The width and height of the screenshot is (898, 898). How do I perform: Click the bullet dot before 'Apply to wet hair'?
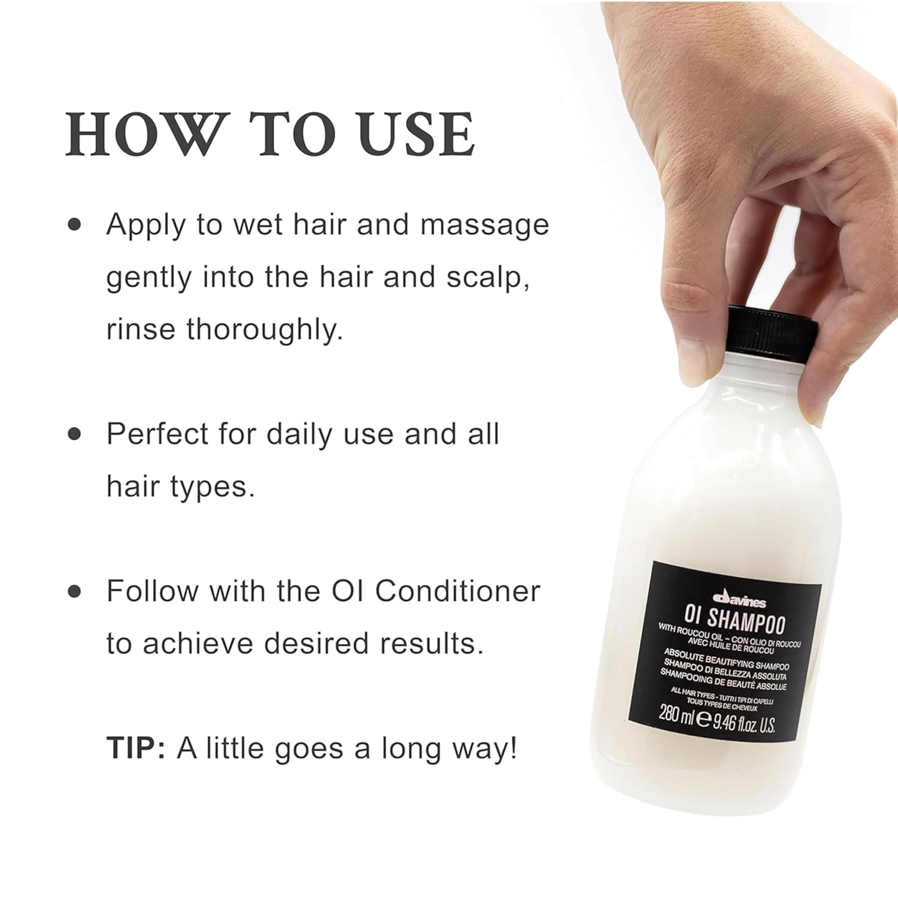coord(75,226)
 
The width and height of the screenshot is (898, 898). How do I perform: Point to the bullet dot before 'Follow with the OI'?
coord(75,591)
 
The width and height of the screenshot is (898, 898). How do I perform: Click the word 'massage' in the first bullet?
coord(484,225)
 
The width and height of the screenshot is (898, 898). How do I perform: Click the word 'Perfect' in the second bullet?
coord(157,434)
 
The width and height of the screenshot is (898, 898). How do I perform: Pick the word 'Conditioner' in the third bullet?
coord(457,591)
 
